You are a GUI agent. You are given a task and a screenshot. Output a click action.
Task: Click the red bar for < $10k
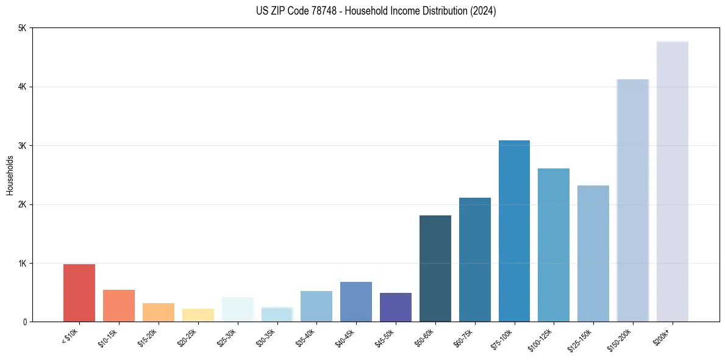79,293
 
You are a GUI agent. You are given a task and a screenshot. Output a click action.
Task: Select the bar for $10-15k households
119,306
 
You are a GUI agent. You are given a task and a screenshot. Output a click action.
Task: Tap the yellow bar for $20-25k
198,315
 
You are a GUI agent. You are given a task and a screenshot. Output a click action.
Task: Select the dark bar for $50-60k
435,268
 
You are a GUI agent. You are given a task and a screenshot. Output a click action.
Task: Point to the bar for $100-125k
554,245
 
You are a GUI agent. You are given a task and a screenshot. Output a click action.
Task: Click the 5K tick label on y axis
22,28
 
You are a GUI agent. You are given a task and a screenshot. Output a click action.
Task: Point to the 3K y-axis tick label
22,146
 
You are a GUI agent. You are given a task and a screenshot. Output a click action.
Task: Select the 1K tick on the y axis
22,264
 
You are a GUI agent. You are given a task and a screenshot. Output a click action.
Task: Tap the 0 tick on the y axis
24,322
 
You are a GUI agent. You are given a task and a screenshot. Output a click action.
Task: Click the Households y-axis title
10,175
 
